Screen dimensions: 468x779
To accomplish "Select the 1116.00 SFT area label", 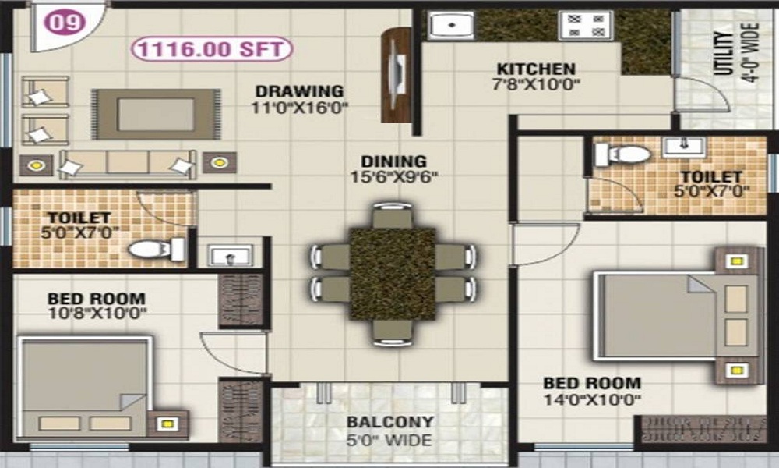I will click(213, 50).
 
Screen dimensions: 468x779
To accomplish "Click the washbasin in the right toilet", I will click(684, 146).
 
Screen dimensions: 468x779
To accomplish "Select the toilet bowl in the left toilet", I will click(155, 250).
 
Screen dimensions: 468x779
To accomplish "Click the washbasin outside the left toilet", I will click(230, 256).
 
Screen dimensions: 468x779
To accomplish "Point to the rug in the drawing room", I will click(156, 115).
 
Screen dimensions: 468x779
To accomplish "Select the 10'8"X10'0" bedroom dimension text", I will click(97, 314).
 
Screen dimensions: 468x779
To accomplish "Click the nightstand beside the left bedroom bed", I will click(167, 424).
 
